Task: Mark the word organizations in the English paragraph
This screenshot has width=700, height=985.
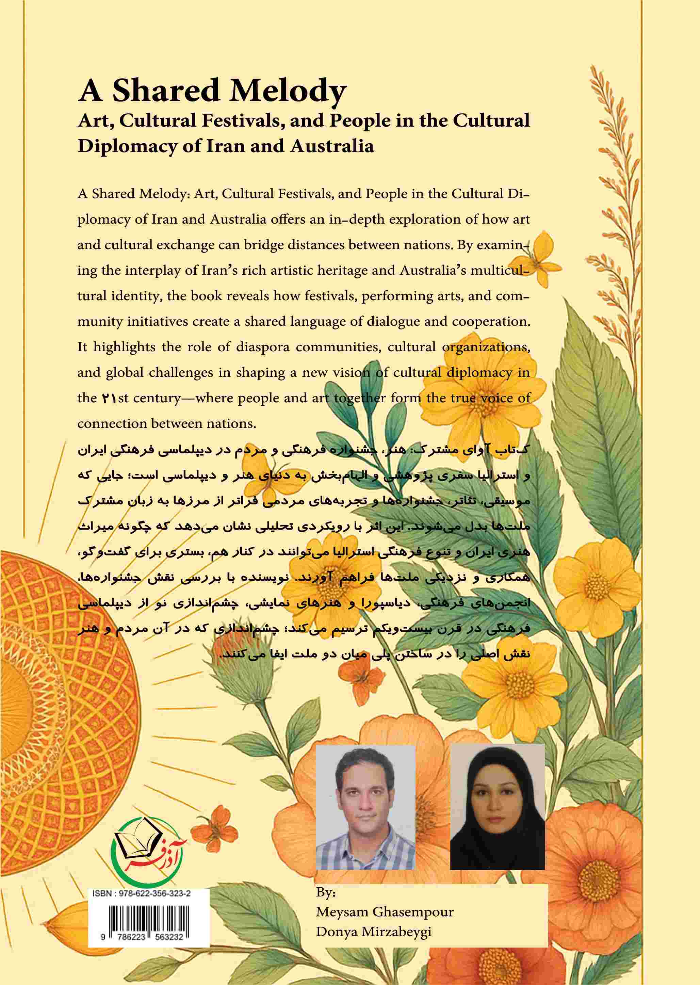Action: point(487,347)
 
